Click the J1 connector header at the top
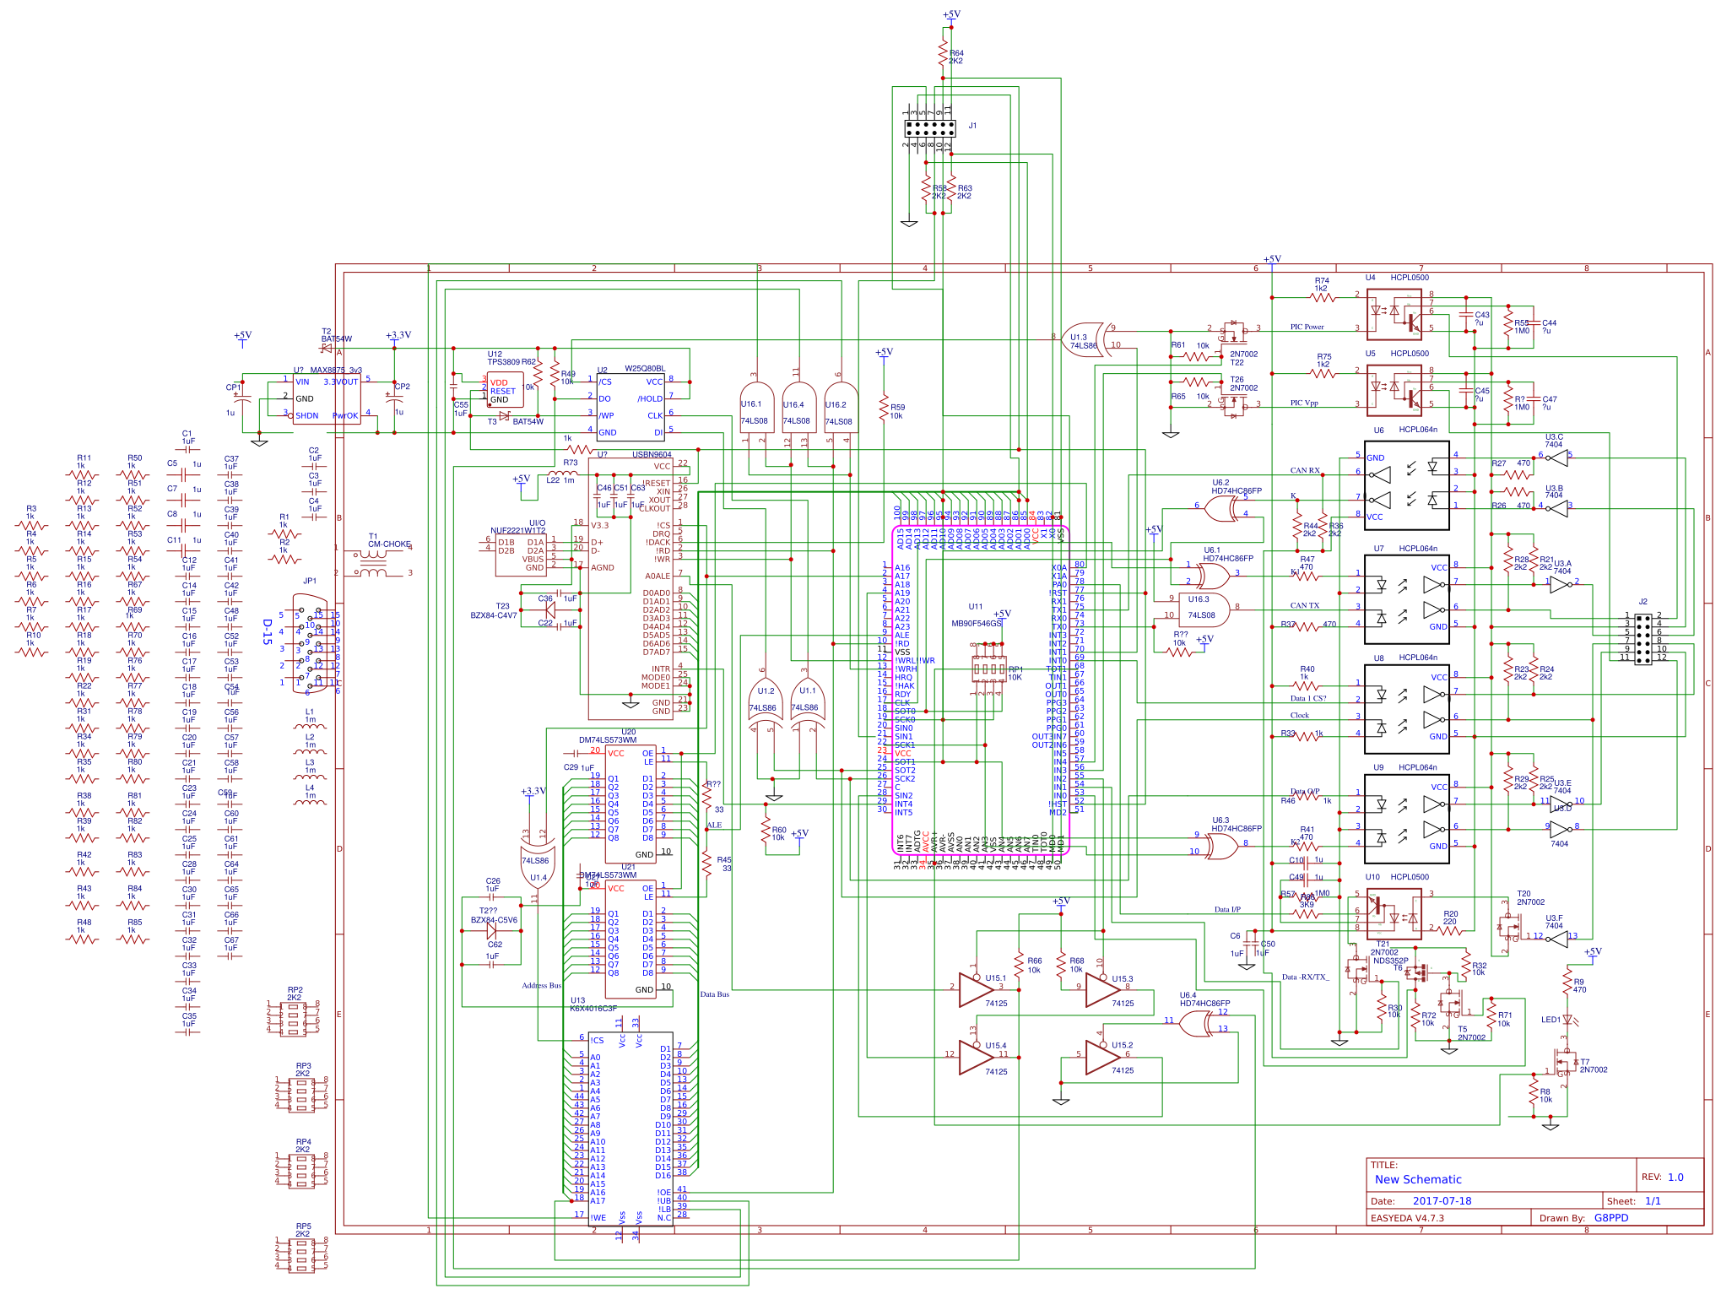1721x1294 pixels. [x=929, y=128]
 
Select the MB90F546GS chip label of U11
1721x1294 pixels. [x=976, y=624]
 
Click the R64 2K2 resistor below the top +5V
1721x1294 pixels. [x=944, y=56]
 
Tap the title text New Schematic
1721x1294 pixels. [x=1418, y=1179]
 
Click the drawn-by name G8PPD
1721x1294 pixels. [x=1611, y=1218]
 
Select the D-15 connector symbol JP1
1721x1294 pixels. [x=309, y=643]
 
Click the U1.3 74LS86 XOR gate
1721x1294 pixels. [x=1084, y=340]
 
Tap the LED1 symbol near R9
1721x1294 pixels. [x=1567, y=1020]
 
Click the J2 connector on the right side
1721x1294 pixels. [x=1643, y=639]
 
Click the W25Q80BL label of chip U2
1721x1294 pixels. [x=644, y=369]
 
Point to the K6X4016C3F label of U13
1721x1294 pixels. [x=593, y=1009]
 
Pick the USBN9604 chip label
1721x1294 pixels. [x=652, y=455]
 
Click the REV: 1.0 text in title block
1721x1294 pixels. [x=1662, y=1178]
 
